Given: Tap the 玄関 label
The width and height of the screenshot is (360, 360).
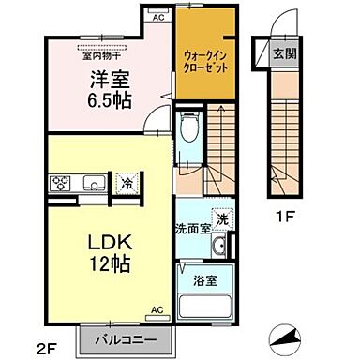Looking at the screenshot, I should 283,54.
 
